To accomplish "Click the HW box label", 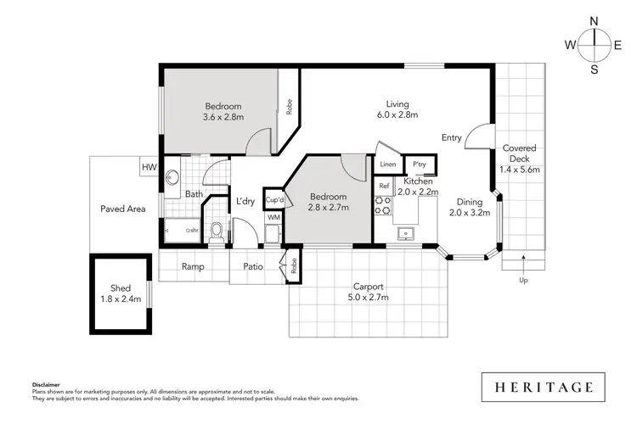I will click(149, 167).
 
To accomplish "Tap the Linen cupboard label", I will click(388, 165).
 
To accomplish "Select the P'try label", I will click(419, 165).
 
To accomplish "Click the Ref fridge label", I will click(383, 186).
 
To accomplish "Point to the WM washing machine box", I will click(273, 218).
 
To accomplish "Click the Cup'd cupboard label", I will click(273, 199).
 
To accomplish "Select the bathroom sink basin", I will click(172, 178).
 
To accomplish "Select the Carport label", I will click(368, 286).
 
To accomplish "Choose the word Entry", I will click(452, 137).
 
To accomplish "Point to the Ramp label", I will click(194, 266).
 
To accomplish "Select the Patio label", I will click(252, 266).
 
